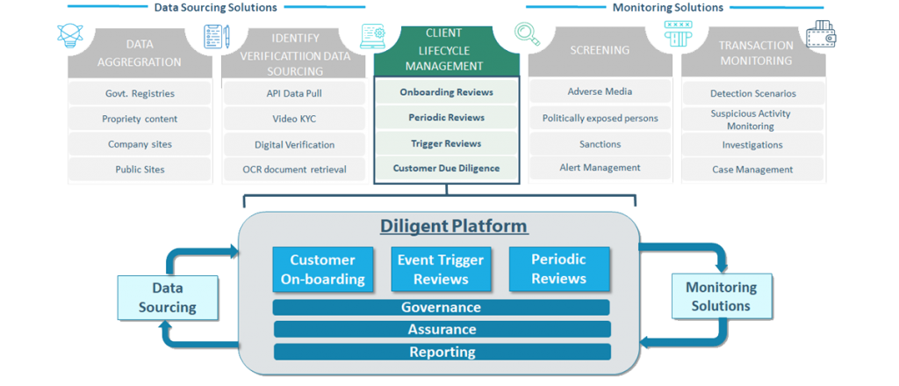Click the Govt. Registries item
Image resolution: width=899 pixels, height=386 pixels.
coord(140,93)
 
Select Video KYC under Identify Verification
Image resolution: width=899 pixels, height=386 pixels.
coord(291,119)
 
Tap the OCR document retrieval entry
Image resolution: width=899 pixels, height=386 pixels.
coord(294,169)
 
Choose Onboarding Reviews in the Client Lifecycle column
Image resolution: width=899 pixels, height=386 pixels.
coord(446,91)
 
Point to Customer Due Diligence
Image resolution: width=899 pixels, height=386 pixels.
coord(446,168)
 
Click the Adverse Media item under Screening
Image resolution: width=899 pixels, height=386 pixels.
coord(600,91)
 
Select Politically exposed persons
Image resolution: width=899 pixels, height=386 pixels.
coord(600,118)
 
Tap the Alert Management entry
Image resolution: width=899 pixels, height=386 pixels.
coord(600,168)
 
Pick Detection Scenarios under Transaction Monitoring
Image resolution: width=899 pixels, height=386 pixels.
coord(752,93)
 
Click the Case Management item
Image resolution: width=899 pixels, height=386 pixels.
coord(752,170)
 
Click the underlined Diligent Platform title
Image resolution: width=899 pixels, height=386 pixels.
coord(454,226)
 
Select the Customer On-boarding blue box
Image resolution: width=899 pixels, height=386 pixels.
coord(322,269)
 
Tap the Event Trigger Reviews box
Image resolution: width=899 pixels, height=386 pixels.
coord(440,269)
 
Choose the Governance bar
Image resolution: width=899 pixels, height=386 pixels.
coord(441,308)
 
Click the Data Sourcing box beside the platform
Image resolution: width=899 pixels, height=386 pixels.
coord(167,296)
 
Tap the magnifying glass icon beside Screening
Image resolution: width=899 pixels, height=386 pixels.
coord(527,33)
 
